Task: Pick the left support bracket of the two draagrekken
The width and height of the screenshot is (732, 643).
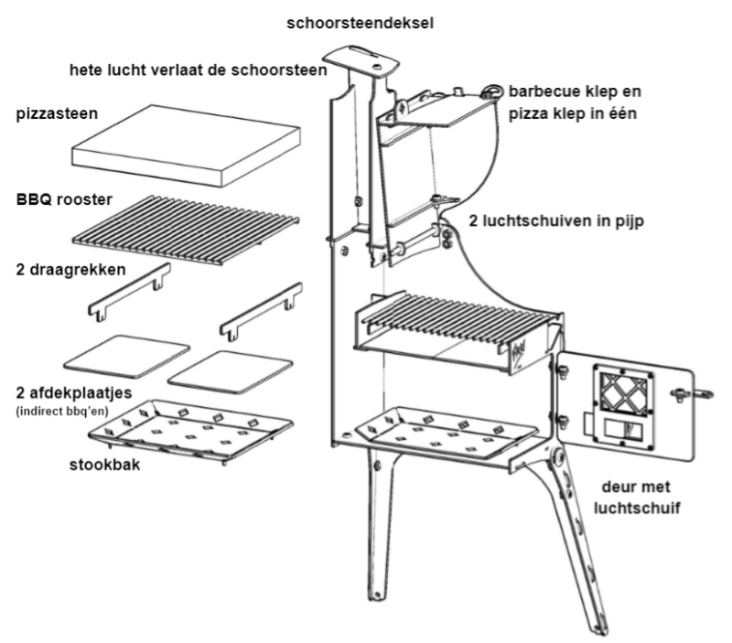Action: [x=129, y=292]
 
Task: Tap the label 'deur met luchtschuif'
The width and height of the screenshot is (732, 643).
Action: [x=640, y=495]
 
